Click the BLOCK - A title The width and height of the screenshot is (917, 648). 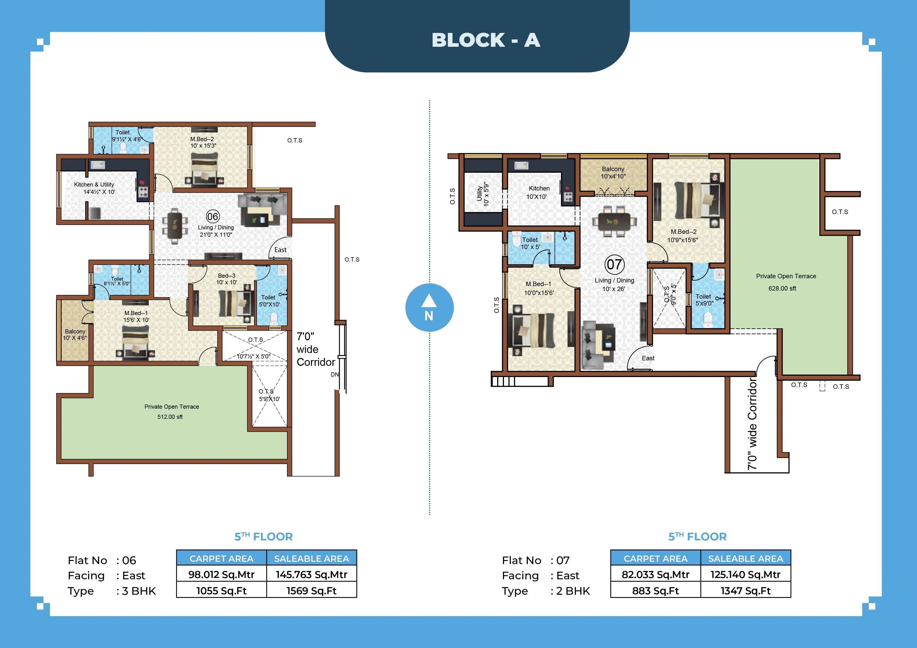point(486,40)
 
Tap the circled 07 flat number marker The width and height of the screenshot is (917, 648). point(614,264)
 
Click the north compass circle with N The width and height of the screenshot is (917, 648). point(429,308)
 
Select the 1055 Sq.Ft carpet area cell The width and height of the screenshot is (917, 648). point(221,591)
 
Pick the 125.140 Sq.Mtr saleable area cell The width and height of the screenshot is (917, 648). point(745,575)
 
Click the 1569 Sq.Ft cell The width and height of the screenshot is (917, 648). point(312,591)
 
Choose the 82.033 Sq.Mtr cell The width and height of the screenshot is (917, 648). point(655,575)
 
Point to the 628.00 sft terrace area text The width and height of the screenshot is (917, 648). point(782,288)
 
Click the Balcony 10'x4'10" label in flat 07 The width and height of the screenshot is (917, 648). point(613,172)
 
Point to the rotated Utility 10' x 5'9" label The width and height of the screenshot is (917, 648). point(483,194)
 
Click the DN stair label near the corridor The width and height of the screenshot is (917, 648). point(335,374)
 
